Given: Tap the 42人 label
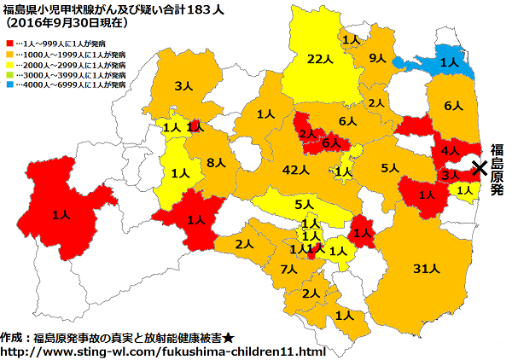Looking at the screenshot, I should [x=294, y=170].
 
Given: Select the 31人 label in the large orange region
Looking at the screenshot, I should [x=425, y=269].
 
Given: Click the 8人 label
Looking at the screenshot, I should [x=216, y=162].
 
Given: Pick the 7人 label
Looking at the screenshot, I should [x=288, y=270].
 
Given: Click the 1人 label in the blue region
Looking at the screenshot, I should [x=449, y=61].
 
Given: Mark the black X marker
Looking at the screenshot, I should [x=480, y=168].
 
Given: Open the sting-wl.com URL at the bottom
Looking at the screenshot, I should [x=163, y=351].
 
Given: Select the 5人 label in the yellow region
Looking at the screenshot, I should [x=303, y=205].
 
